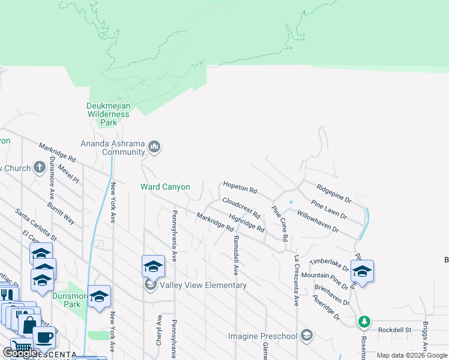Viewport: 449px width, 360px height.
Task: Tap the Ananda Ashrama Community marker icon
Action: point(155,147)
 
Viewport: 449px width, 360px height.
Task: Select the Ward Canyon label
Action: point(165,187)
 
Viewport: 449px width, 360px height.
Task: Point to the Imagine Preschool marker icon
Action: point(307,335)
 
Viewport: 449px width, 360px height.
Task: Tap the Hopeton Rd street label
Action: point(240,187)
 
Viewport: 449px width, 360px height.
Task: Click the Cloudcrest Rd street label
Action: point(241,208)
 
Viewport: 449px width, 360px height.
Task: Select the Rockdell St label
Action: point(394,329)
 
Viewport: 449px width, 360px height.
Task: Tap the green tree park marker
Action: point(364,322)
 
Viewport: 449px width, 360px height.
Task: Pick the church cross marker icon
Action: point(40,167)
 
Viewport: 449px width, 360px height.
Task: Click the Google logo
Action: point(20,353)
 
